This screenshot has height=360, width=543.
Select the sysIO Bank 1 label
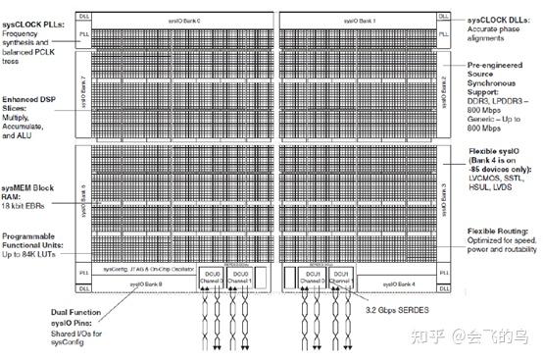pyautogui.click(x=363, y=19)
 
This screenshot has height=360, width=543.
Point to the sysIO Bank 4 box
pyautogui.click(x=403, y=284)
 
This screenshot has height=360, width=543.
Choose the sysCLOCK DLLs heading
pyautogui.click(x=499, y=19)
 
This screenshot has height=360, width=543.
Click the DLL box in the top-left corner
pyautogui.click(x=83, y=15)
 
